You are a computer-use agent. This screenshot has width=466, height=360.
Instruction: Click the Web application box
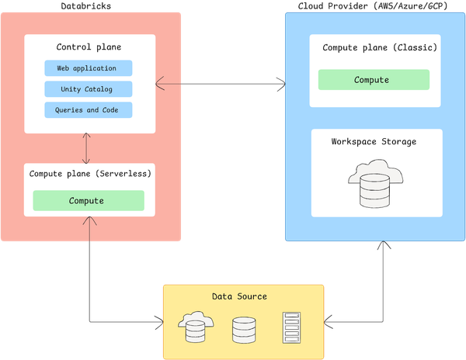point(88,68)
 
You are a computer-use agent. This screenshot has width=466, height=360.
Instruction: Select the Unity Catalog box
point(88,89)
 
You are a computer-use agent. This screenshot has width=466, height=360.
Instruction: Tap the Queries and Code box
point(88,110)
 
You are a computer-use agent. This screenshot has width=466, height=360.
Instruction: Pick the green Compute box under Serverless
point(88,200)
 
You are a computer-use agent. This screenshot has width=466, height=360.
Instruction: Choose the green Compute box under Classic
point(371,79)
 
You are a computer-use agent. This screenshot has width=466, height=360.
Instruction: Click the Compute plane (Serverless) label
point(90,173)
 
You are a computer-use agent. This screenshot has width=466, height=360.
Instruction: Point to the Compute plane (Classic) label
point(380,47)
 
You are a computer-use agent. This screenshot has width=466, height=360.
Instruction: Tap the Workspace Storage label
point(374,141)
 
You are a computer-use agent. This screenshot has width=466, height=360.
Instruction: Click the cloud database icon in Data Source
point(194,327)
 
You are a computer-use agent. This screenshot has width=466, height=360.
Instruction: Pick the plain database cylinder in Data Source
point(243,329)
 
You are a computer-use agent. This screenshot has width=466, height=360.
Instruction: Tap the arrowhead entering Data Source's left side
point(158,320)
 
